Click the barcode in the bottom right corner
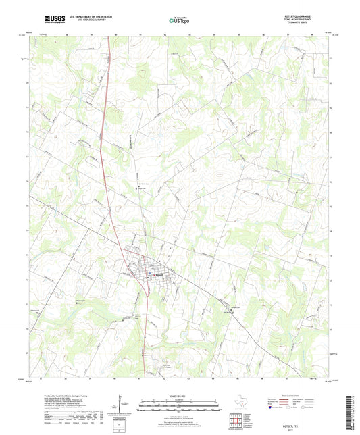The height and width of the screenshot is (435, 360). pyautogui.click(x=349, y=413)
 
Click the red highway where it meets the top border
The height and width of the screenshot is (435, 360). pyautogui.click(x=109, y=36)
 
